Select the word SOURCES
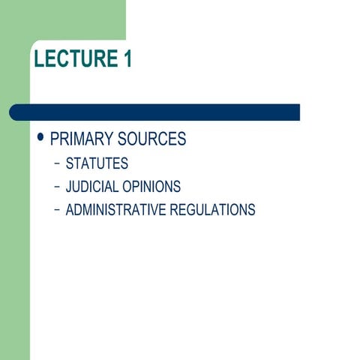152,139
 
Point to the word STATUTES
97,163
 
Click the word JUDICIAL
93,187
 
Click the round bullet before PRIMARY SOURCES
40,139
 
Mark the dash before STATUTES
58,164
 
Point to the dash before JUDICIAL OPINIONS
58,187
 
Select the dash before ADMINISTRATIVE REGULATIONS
58,211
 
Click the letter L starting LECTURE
39,58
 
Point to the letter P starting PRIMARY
55,139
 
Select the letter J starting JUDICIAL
69,187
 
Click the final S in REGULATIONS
251,210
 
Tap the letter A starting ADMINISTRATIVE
70,210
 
